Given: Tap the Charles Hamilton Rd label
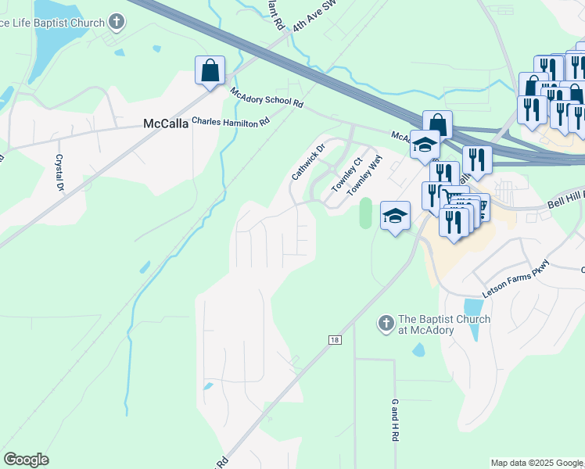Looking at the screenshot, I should [x=231, y=121].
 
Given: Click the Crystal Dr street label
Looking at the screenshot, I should [x=58, y=171].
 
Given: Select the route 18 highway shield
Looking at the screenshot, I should [x=335, y=339].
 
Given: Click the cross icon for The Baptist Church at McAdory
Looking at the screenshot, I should [x=385, y=322].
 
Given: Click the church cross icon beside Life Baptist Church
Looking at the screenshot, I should [x=117, y=21].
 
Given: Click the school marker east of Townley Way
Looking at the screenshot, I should [x=396, y=215].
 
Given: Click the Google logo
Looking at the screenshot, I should [x=26, y=460].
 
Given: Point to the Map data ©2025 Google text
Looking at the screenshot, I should [x=537, y=463].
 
